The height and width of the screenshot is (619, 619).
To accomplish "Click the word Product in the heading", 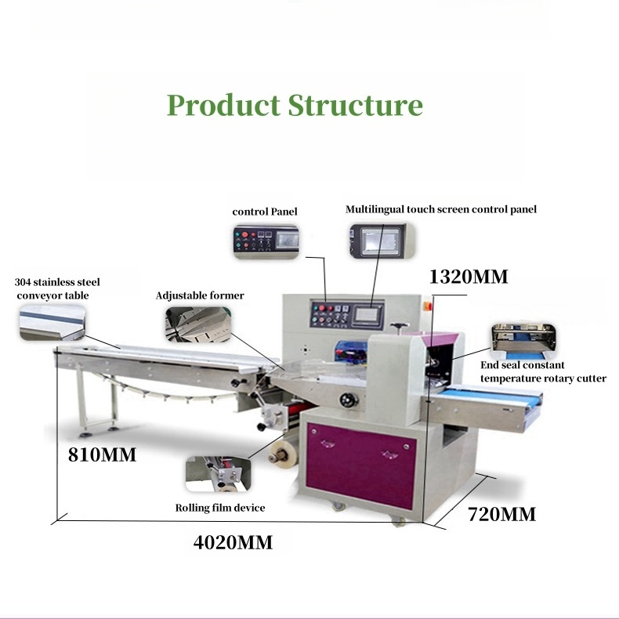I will point(224,105).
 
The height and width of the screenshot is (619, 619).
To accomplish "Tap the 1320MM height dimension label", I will point(469,277).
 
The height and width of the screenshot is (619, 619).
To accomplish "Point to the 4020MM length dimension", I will point(233,542).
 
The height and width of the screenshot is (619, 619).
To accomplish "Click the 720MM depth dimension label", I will point(501,515).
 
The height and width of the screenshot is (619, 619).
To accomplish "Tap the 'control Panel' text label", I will point(265,212).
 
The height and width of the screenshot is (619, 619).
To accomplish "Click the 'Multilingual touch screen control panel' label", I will point(441,209).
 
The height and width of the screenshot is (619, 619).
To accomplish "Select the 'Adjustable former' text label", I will point(199,295).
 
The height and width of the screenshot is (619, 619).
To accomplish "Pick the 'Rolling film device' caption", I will point(219,508).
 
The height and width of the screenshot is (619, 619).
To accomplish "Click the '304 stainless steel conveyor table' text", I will point(57,288).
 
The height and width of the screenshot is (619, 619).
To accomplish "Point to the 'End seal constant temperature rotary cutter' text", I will point(543,371).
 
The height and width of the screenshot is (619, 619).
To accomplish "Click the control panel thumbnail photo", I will point(265,240).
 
